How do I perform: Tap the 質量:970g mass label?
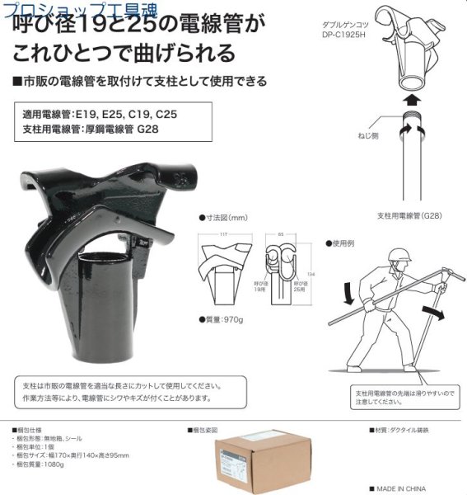pyautogui.click(x=226, y=319)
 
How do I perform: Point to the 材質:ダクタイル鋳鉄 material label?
pyautogui.click(x=407, y=431)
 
